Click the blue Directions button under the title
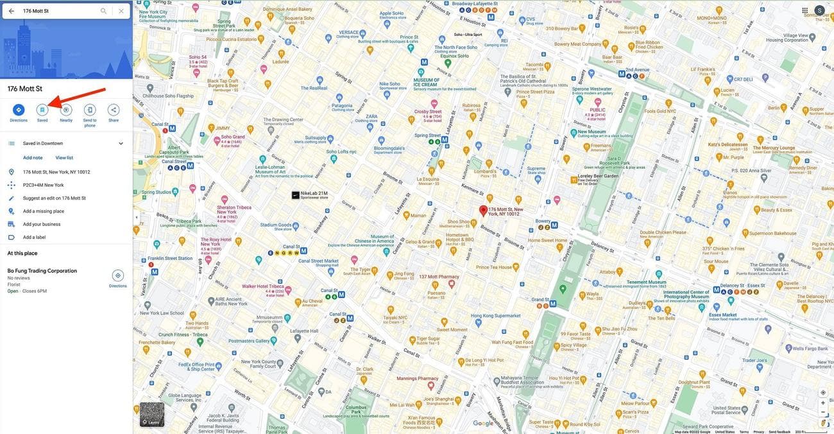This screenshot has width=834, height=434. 19,110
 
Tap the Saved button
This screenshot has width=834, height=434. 42,110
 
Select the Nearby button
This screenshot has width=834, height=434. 66,110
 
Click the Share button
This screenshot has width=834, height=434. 114,110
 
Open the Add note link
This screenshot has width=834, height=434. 33,158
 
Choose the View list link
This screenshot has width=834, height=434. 64,158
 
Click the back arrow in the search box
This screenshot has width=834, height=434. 12,11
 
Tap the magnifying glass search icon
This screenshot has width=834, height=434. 103,11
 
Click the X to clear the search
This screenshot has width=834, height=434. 121,11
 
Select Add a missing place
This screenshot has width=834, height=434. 44,211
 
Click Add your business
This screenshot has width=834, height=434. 42,224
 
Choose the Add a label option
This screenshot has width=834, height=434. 34,238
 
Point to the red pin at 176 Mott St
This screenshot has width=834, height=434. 484,211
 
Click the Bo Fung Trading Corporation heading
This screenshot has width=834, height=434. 42,271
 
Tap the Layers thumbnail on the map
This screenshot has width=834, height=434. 152,415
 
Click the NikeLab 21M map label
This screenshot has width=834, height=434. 314,193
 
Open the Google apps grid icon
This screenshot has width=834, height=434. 805,11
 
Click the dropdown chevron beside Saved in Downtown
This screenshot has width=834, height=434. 121,144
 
